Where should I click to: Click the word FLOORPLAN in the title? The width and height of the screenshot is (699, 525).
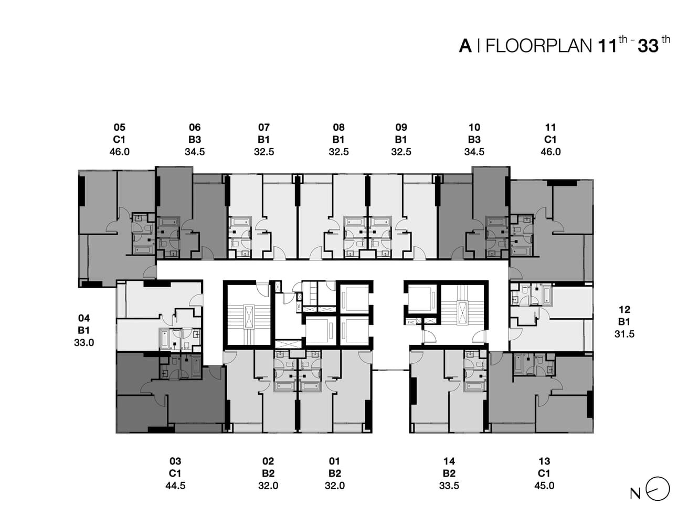coord(538,46)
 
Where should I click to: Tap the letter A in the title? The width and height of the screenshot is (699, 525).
coord(465,46)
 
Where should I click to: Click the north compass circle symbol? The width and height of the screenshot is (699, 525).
coord(658,489)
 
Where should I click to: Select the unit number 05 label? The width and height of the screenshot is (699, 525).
coord(120,128)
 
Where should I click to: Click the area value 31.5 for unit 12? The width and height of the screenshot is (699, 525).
coord(624,334)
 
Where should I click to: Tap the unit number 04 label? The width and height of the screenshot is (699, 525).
coord(84,318)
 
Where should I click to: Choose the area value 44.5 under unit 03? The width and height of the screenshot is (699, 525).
coord(175,486)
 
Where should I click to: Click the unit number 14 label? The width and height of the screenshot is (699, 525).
coord(449,461)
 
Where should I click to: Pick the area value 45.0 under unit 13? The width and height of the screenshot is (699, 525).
coord(544,486)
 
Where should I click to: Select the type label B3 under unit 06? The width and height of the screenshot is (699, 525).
coord(195,140)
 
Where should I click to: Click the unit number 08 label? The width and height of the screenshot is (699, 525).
coord(338,128)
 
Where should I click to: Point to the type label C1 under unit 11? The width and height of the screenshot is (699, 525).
coord(550,140)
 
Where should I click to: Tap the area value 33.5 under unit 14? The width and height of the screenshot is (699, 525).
coord(449,486)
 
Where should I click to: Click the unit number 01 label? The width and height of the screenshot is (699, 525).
coord(334,461)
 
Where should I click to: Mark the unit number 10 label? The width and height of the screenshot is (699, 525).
coord(474,128)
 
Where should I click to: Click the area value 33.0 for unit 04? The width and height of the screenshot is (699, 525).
coord(84,342)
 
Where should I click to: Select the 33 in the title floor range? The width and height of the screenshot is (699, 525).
coord(648,46)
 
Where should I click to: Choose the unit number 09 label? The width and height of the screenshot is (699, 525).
coord(401,128)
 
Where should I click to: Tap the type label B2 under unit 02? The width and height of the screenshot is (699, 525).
coord(268,474)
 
